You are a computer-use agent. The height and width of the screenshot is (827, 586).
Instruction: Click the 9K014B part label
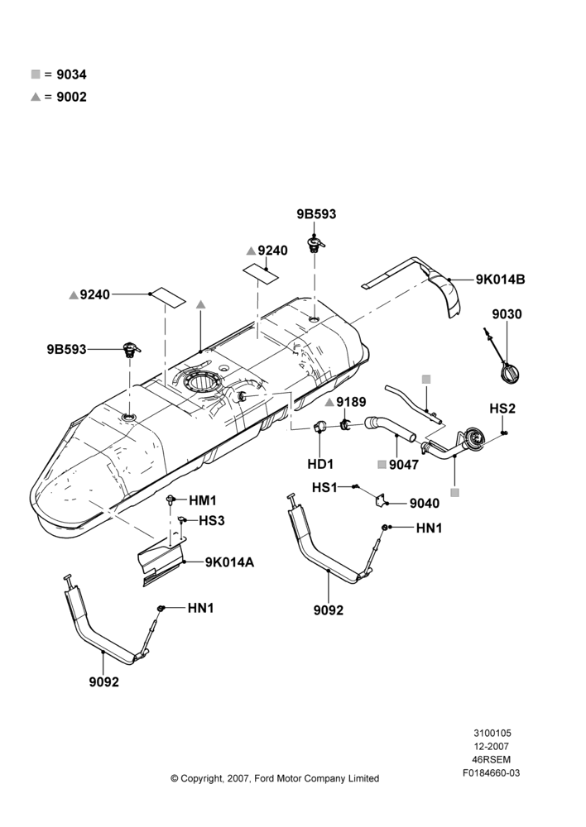click(x=500, y=280)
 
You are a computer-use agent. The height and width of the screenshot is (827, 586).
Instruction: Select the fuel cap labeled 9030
click(x=511, y=371)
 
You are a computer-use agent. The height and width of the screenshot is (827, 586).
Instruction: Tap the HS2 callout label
click(x=502, y=409)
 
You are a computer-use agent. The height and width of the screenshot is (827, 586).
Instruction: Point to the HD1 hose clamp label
click(x=320, y=464)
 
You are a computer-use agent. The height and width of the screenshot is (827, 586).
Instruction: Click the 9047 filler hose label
click(x=404, y=465)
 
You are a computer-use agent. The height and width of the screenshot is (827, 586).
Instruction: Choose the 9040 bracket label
click(x=425, y=503)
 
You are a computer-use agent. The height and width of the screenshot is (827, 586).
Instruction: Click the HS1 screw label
click(x=324, y=487)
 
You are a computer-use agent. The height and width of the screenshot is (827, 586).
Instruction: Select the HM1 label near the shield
click(x=203, y=500)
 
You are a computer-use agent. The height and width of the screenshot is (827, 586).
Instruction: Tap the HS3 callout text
click(x=212, y=520)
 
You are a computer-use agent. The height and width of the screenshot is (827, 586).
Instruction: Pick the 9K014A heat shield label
click(x=229, y=562)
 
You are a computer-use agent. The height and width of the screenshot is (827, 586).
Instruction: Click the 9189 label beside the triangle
click(x=351, y=402)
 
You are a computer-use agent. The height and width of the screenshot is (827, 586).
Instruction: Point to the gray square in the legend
click(x=36, y=74)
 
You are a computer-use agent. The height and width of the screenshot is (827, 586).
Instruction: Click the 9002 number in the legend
click(x=72, y=97)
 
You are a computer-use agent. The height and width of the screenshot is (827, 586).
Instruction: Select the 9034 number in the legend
click(x=72, y=75)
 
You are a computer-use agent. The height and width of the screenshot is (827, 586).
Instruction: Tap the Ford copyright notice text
click(x=275, y=778)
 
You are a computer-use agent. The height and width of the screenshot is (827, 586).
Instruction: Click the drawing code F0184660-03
click(x=492, y=773)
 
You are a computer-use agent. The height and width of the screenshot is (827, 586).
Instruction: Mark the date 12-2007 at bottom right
click(x=492, y=746)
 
